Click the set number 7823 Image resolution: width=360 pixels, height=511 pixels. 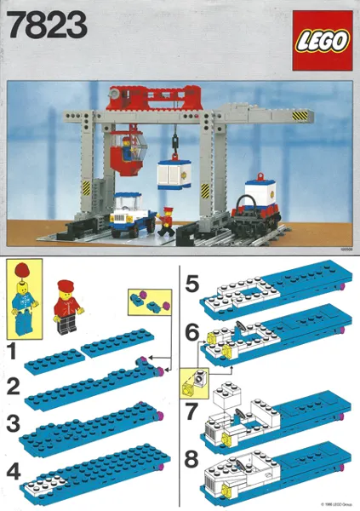[47, 27]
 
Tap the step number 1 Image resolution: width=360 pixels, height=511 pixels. [12, 348]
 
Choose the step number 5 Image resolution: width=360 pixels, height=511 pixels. [192, 283]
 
